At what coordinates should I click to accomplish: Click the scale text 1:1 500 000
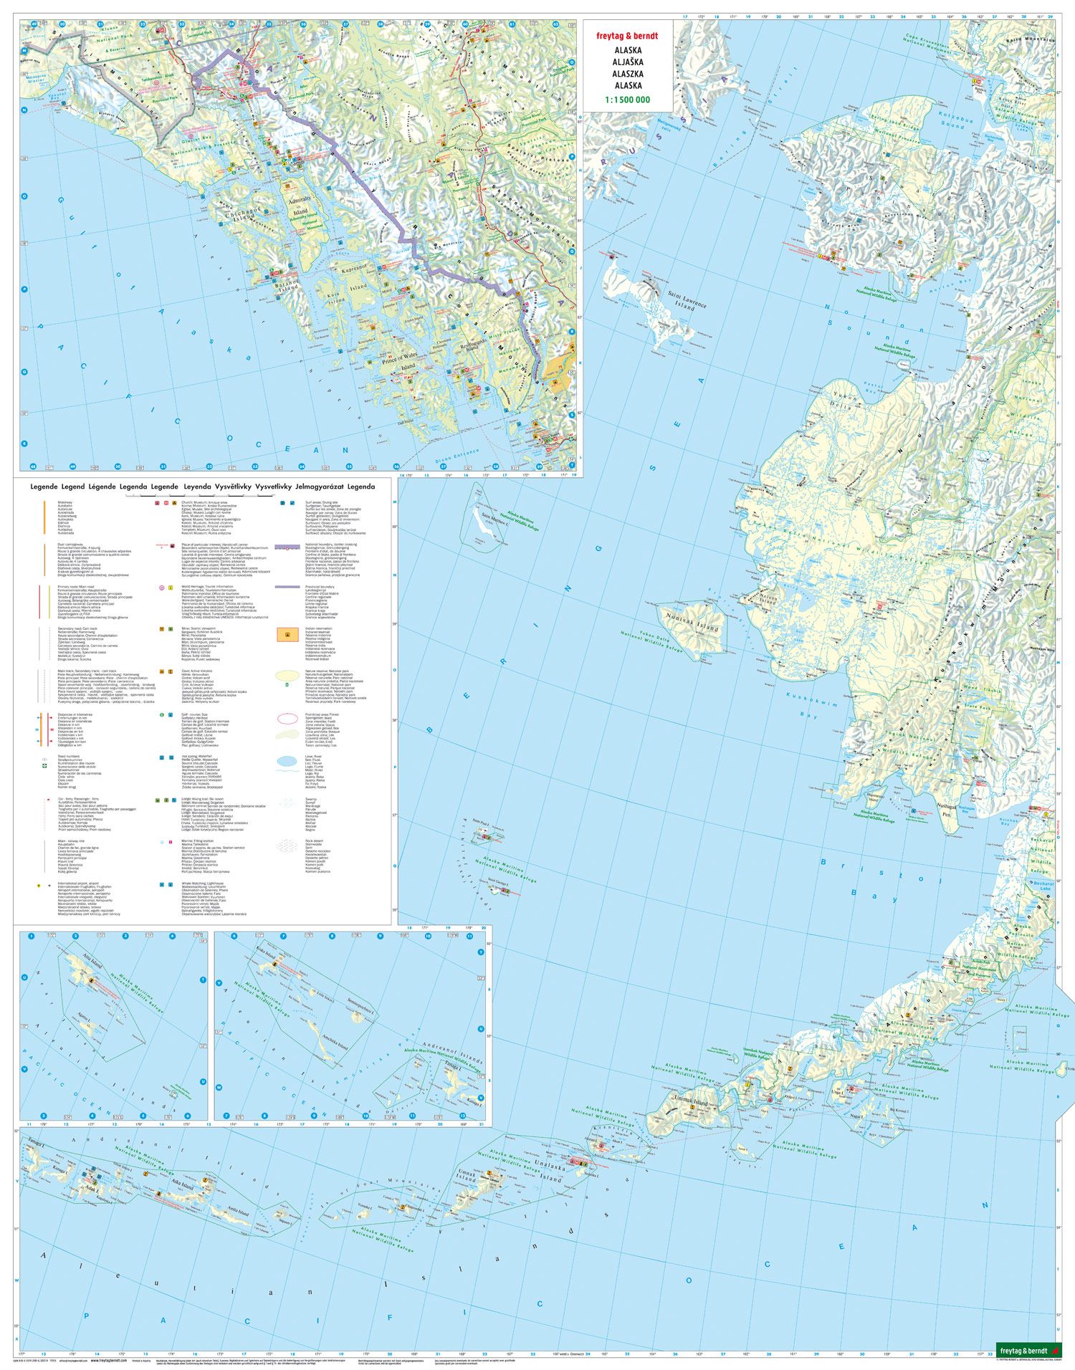click(627, 100)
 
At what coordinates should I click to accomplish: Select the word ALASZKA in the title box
click(627, 74)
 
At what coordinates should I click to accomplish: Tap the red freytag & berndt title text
click(627, 36)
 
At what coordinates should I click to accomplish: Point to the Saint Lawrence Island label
click(687, 300)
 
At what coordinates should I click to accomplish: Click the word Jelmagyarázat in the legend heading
click(319, 487)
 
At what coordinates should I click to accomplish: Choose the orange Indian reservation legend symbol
click(288, 636)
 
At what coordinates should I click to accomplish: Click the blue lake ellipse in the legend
click(288, 761)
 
